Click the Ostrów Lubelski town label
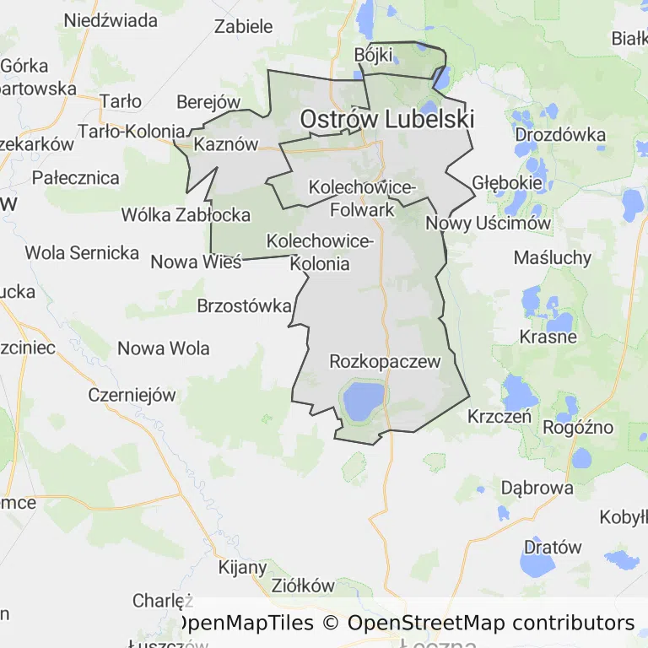[x=386, y=120]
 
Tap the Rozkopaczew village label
[x=385, y=362]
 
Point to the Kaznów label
[x=225, y=144]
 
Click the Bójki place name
[x=374, y=55]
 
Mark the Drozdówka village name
[x=560, y=134]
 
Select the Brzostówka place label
[x=244, y=305]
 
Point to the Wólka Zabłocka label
[x=186, y=214]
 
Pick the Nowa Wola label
[x=163, y=348]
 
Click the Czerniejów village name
[x=132, y=395]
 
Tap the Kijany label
[x=243, y=567]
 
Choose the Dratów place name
[x=553, y=547]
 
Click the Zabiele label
[x=244, y=26]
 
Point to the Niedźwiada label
[x=111, y=19]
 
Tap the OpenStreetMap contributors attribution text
[x=490, y=623]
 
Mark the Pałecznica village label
[x=76, y=178]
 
